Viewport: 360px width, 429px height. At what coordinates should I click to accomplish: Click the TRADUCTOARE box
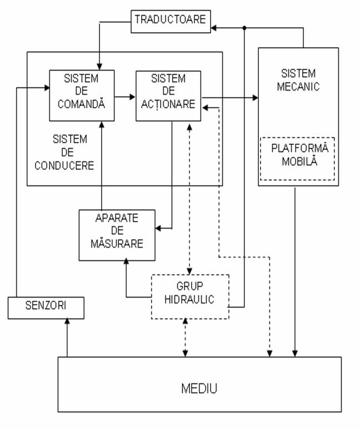[x=170, y=20]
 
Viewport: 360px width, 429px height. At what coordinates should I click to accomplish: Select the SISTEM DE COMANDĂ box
[x=82, y=95]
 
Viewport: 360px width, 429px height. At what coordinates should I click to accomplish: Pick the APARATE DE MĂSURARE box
[x=118, y=235]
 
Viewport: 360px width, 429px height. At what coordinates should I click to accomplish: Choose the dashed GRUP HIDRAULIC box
[x=190, y=296]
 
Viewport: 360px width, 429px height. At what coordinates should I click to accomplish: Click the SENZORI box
[x=46, y=307]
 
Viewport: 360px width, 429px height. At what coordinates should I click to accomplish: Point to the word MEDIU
[x=199, y=388]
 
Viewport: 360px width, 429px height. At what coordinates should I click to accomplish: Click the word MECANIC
[x=298, y=87]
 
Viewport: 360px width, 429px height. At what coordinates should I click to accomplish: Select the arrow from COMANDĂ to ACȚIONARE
[x=125, y=97]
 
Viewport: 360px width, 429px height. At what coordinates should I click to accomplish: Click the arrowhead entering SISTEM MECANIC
[x=255, y=98]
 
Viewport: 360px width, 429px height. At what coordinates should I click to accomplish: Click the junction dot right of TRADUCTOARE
[x=244, y=27]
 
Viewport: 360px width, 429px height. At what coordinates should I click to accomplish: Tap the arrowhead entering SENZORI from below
[x=67, y=322]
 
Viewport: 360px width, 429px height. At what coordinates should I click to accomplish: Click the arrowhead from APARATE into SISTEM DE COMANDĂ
[x=102, y=125]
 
